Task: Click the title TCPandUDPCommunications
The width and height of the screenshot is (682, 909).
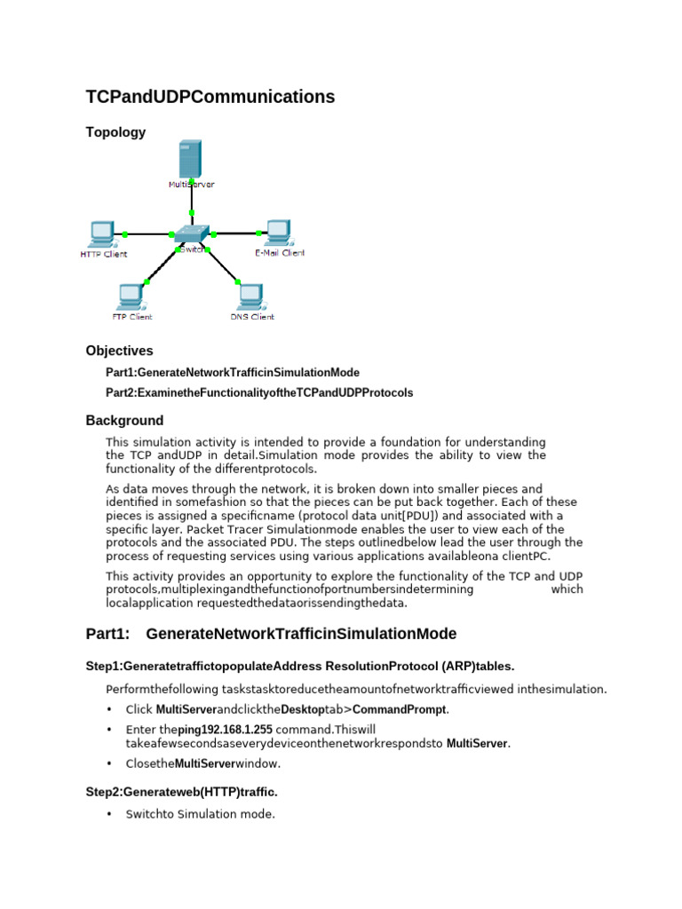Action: [210, 97]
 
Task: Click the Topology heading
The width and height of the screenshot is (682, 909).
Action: [115, 132]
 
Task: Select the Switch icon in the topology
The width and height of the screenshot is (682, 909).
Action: [191, 235]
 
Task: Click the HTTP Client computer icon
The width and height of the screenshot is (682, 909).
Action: [100, 233]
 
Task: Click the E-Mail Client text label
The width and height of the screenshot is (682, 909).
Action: [279, 253]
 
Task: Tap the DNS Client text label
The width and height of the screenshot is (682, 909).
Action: [252, 316]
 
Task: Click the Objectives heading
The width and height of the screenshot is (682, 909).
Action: [119, 351]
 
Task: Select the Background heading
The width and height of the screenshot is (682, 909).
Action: [124, 421]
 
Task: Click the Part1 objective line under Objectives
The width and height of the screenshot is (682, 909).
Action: [233, 373]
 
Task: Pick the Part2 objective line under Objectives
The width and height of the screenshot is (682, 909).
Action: [259, 392]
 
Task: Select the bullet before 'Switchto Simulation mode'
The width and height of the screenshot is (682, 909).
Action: [110, 813]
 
